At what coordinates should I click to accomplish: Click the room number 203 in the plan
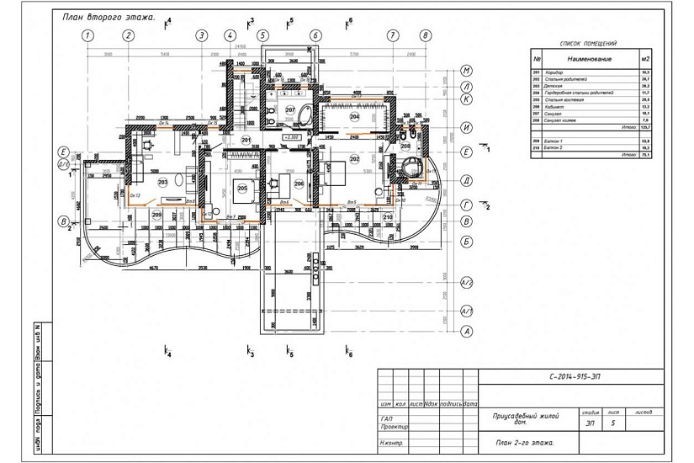pyautogui.click(x=162, y=181)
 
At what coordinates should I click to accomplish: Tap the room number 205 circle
pyautogui.click(x=242, y=188)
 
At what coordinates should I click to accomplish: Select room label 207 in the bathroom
pyautogui.click(x=289, y=110)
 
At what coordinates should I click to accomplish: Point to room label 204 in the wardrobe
pyautogui.click(x=354, y=117)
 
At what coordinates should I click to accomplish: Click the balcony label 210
pyautogui.click(x=388, y=218)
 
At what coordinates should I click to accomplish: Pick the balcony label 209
pyautogui.click(x=157, y=215)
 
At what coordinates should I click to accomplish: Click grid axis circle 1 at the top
pyautogui.click(x=87, y=35)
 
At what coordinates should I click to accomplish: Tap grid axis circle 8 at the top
pyautogui.click(x=426, y=35)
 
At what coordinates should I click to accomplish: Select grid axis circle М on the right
pyautogui.click(x=466, y=71)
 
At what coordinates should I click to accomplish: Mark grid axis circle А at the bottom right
pyautogui.click(x=466, y=331)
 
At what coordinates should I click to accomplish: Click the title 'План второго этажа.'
pyautogui.click(x=109, y=16)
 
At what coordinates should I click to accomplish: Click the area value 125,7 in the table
pyautogui.click(x=646, y=127)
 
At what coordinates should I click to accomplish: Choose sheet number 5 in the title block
pyautogui.click(x=612, y=423)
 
